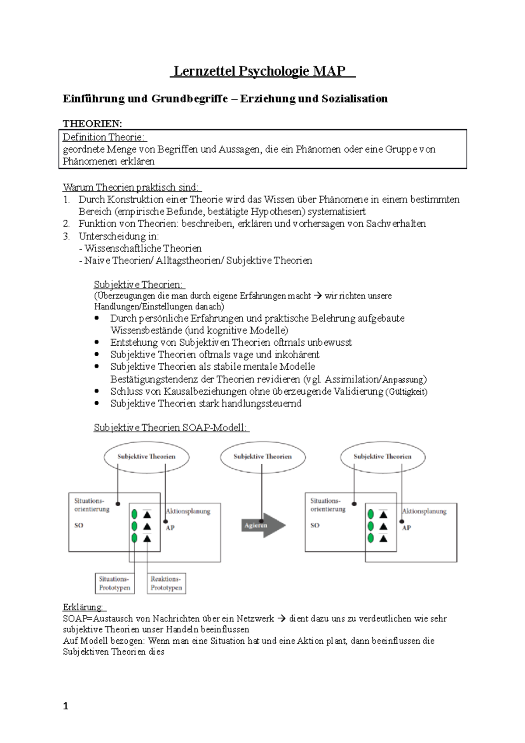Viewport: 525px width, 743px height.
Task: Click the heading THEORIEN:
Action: click(x=92, y=124)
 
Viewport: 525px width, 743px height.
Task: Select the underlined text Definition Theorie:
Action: click(x=104, y=137)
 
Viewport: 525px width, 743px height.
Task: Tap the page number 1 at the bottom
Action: click(x=66, y=706)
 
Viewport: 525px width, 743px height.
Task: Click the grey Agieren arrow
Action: click(x=262, y=525)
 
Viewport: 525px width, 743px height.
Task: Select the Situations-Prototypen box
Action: click(x=115, y=583)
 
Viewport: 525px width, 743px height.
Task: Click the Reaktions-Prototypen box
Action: click(x=166, y=583)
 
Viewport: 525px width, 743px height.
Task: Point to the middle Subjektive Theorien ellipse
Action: click(x=262, y=456)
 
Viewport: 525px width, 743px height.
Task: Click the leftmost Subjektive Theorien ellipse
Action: click(x=146, y=456)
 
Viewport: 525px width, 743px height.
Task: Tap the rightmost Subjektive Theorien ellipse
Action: click(x=382, y=456)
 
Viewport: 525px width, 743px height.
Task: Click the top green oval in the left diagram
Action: click(x=135, y=514)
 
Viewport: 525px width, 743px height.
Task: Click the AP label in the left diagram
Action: click(x=170, y=528)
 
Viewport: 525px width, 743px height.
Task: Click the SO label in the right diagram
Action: click(x=315, y=525)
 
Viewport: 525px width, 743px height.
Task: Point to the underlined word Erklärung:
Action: click(x=83, y=607)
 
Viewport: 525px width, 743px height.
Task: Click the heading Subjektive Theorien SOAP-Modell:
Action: click(x=171, y=428)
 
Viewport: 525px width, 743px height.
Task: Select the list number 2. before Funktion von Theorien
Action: click(x=66, y=224)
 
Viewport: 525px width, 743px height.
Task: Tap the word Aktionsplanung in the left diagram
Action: click(x=188, y=511)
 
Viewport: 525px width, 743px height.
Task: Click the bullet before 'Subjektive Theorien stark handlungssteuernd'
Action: click(x=97, y=403)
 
